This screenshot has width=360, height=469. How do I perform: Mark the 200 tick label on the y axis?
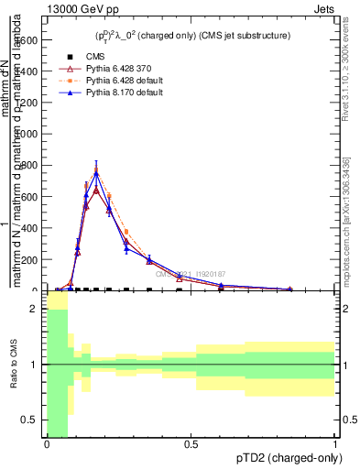click(x=31, y=260)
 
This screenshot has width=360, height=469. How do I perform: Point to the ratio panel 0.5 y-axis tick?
click(x=30, y=420)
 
